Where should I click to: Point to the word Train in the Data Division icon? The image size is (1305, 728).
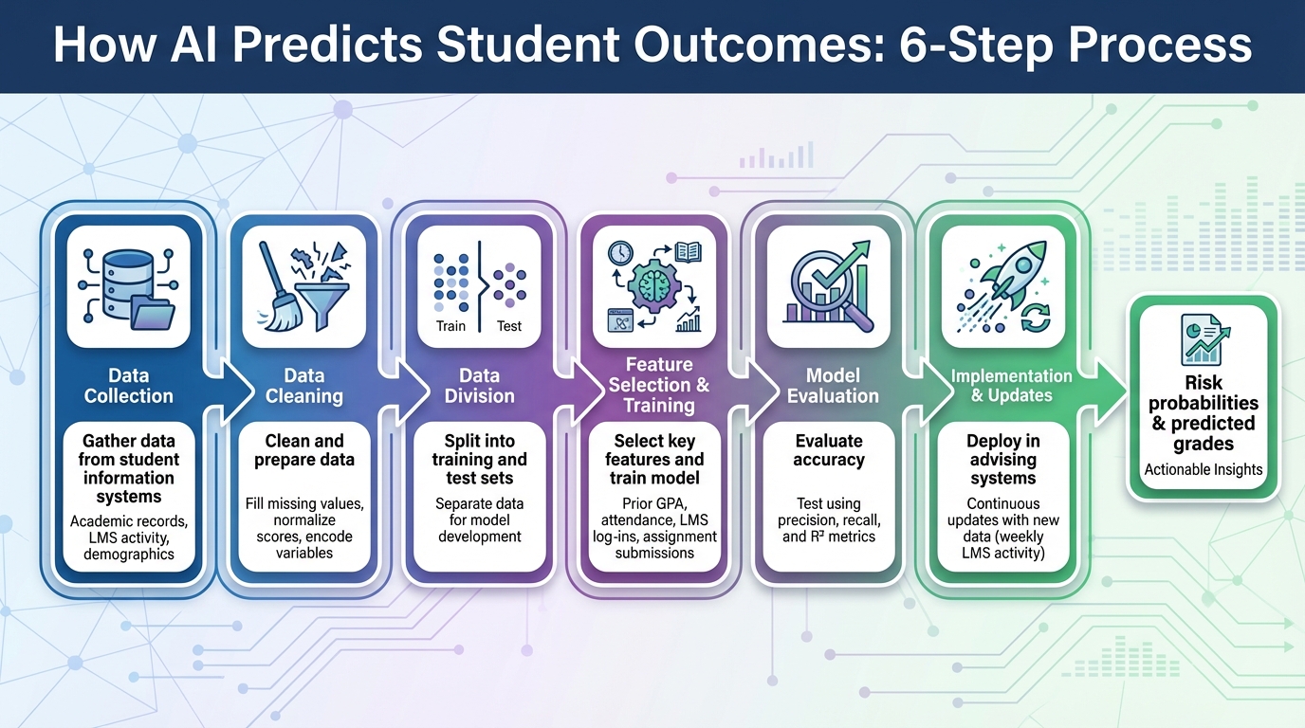450,326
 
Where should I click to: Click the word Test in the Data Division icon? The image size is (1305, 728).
509,326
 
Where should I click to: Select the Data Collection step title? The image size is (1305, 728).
129,386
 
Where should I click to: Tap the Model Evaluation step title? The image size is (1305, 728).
833,386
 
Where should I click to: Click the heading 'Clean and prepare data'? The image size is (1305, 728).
304,450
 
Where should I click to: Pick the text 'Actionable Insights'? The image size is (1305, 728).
1204,469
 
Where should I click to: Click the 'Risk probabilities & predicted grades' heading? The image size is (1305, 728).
1204,413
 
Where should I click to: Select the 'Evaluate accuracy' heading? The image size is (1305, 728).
829,450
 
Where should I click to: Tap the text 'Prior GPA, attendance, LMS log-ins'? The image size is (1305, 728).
654,528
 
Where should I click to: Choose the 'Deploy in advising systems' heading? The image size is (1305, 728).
1002,460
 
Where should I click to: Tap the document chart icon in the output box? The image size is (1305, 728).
1204,339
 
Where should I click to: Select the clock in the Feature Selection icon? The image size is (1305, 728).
621,253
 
